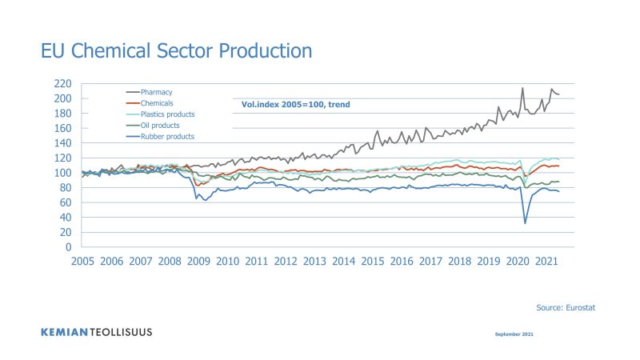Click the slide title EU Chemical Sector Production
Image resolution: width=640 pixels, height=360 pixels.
[176, 50]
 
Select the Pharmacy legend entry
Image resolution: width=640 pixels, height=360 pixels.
[157, 93]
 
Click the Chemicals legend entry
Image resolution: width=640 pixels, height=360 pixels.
[158, 103]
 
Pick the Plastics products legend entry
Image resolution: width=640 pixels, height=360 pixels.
[167, 114]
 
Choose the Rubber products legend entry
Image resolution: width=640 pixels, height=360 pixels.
[167, 136]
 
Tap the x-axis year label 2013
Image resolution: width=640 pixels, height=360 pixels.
[314, 262]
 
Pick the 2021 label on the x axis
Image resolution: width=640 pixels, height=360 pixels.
[546, 262]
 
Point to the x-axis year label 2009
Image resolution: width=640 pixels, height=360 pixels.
[198, 262]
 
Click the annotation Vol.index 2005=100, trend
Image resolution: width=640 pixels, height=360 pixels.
[295, 104]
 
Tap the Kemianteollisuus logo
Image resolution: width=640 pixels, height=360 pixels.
[96, 331]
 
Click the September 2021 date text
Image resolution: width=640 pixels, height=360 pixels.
[510, 333]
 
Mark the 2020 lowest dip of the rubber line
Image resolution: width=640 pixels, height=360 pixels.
[526, 222]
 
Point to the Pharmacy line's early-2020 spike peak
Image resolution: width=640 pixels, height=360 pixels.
[522, 88]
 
